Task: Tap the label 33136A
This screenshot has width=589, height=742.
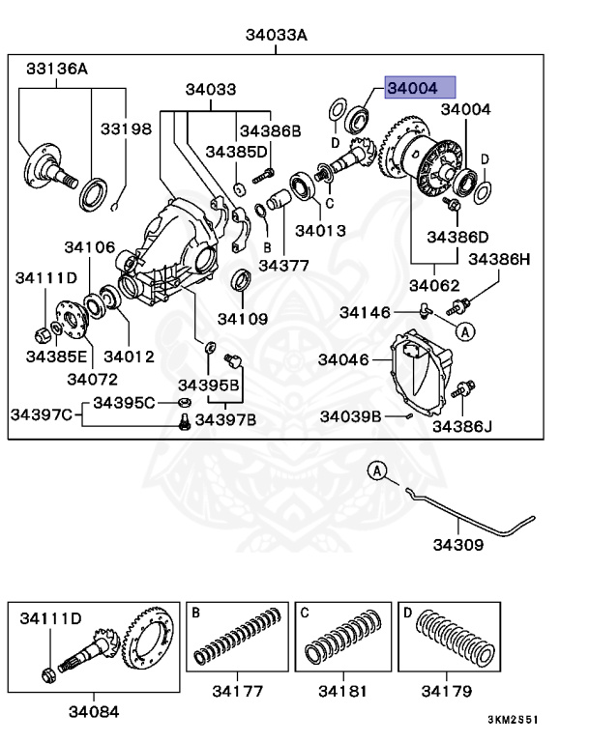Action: [x=56, y=69]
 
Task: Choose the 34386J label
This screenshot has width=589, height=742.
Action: [x=461, y=425]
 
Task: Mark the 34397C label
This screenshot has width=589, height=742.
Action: [x=42, y=415]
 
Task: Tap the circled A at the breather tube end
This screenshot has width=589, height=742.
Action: [x=378, y=471]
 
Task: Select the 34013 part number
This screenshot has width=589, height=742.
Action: [x=320, y=231]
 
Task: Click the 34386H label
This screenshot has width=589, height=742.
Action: [x=500, y=259]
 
